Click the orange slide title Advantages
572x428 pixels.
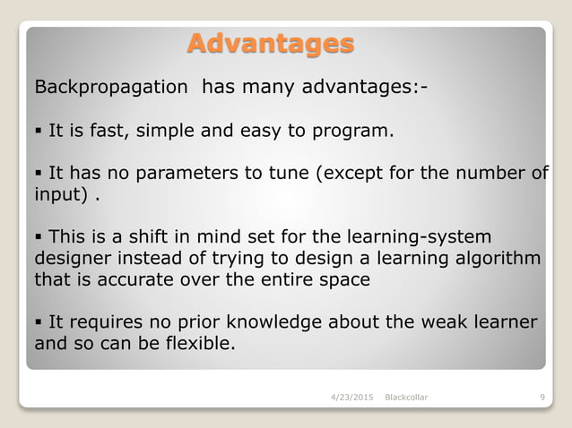[x=270, y=43]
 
